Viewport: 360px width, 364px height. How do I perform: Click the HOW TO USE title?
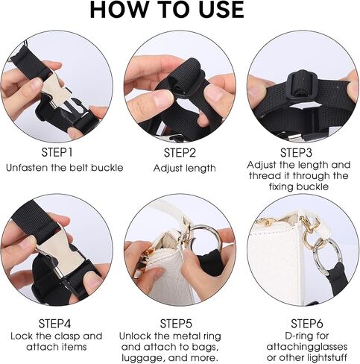coord(167,10)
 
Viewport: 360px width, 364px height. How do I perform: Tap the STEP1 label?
coord(57,152)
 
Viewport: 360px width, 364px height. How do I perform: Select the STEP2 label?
coord(180,153)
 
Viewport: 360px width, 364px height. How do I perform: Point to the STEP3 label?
coord(296,152)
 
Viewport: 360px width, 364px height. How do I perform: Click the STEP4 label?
coord(54,324)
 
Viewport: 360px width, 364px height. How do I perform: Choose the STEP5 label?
coord(176,324)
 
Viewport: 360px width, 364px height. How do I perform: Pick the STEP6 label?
coord(307,324)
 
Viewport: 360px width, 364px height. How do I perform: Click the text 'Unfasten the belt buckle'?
coord(65,168)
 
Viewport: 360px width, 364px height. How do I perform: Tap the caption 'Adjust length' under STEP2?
coord(184,169)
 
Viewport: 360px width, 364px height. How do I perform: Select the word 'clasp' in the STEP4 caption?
coord(67,336)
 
